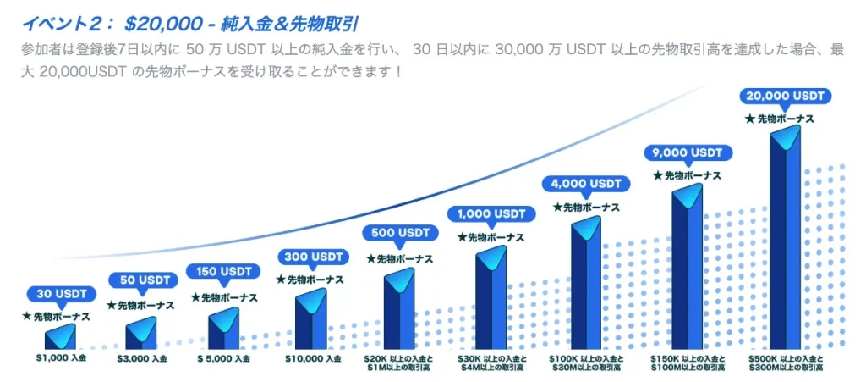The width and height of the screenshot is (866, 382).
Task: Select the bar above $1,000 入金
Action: (59, 337)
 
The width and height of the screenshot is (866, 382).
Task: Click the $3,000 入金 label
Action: (142, 359)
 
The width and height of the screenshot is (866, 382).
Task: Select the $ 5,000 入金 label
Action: (223, 359)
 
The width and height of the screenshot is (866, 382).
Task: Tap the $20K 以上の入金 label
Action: (398, 358)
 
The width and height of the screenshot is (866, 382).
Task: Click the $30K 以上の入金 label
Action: (491, 358)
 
